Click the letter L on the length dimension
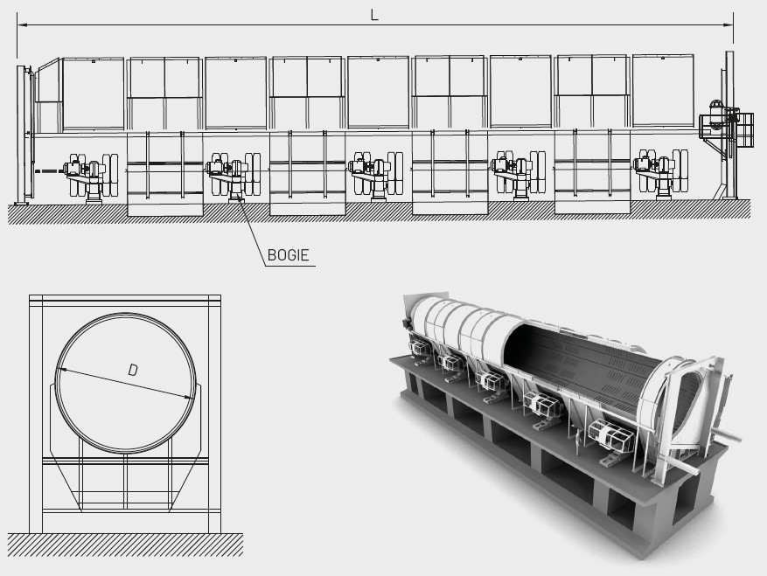374,15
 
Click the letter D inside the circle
133,370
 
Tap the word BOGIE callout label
288,255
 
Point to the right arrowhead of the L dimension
729,25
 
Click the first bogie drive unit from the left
92,177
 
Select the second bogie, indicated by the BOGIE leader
234,176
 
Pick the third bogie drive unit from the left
376,175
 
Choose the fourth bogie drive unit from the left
519,175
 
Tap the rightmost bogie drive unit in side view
661,174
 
